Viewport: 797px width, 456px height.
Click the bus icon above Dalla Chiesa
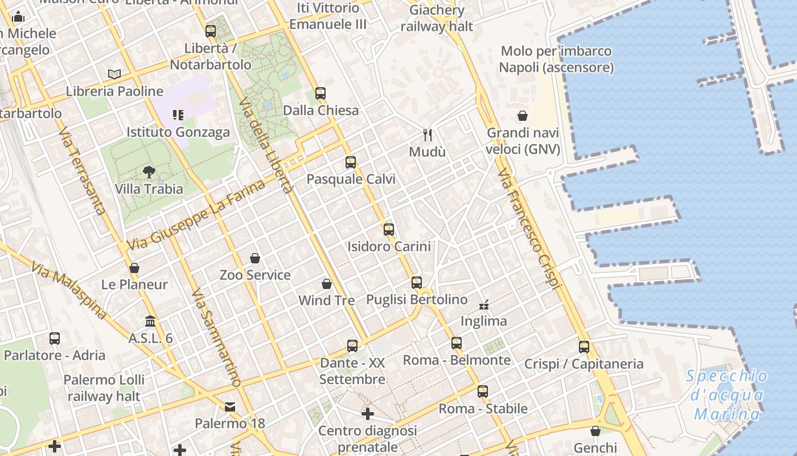pos(321,93)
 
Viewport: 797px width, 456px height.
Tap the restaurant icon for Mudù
pos(428,135)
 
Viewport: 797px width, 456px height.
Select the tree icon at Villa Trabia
pos(149,172)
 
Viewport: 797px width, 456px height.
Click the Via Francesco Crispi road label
pos(529,229)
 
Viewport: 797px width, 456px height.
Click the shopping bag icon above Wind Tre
pos(327,283)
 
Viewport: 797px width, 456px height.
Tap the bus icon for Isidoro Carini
pos(389,230)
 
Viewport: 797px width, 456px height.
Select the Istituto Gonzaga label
pos(178,132)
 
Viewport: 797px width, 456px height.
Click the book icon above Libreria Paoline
pos(114,74)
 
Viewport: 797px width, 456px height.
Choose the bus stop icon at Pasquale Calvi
pos(351,162)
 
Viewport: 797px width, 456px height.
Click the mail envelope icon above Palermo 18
pos(230,407)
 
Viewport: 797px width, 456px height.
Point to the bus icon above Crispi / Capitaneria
pos(584,347)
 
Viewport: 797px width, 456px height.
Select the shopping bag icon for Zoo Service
pos(255,258)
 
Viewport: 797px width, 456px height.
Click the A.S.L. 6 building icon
pos(150,321)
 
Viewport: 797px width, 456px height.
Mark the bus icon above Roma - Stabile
pos(483,392)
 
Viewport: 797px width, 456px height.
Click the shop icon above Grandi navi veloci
pos(523,116)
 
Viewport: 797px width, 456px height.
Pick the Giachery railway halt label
pos(437,18)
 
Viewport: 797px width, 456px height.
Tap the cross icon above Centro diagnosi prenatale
pos(368,413)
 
